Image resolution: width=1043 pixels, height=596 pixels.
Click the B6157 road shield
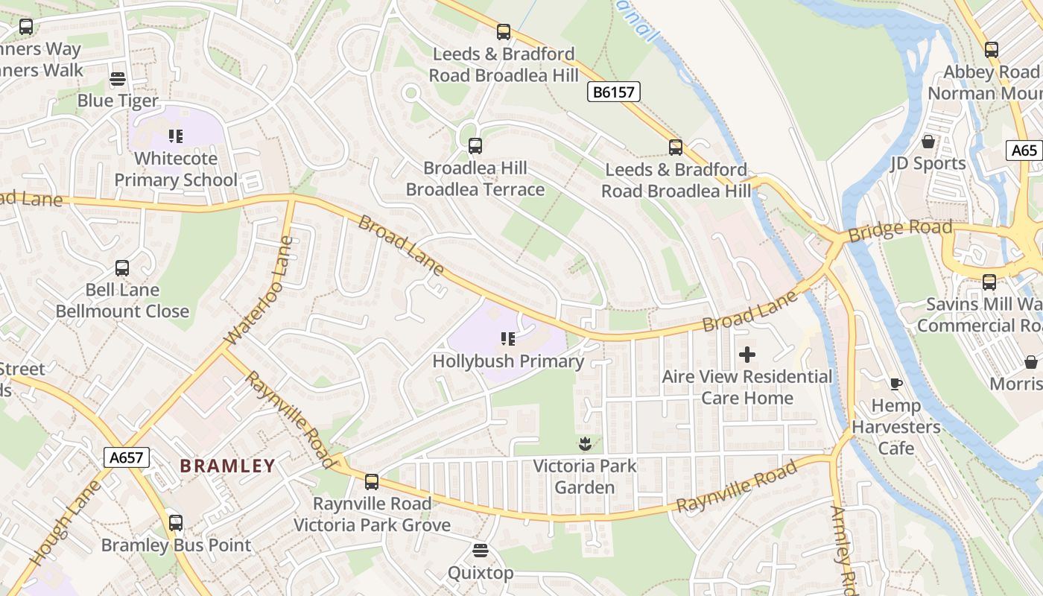(x=614, y=92)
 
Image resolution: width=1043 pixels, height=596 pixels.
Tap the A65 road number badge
(x=1024, y=150)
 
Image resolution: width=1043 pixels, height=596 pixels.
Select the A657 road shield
(x=126, y=457)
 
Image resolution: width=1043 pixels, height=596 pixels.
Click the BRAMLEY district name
(x=228, y=466)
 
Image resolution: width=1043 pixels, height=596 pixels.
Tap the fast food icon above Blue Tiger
(x=118, y=79)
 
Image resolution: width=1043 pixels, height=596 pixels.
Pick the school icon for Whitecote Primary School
(x=176, y=136)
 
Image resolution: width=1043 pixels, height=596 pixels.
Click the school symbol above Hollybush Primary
(x=508, y=340)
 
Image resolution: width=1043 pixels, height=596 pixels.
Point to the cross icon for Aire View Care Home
(x=747, y=355)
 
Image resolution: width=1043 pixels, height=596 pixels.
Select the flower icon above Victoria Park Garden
(x=585, y=444)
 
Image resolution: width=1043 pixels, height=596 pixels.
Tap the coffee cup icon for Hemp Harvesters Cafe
(x=896, y=384)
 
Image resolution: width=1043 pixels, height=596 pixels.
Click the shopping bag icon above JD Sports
(x=928, y=141)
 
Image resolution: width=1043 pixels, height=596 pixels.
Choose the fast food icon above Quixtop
(x=481, y=551)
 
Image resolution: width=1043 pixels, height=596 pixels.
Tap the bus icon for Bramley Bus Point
(x=176, y=523)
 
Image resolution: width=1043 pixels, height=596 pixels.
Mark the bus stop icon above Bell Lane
(x=122, y=268)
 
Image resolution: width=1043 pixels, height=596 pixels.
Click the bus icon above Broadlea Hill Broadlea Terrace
(x=475, y=146)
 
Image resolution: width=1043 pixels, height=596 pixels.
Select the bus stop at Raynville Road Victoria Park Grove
(x=372, y=482)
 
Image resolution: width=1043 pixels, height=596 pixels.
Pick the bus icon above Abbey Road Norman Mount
(x=991, y=50)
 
